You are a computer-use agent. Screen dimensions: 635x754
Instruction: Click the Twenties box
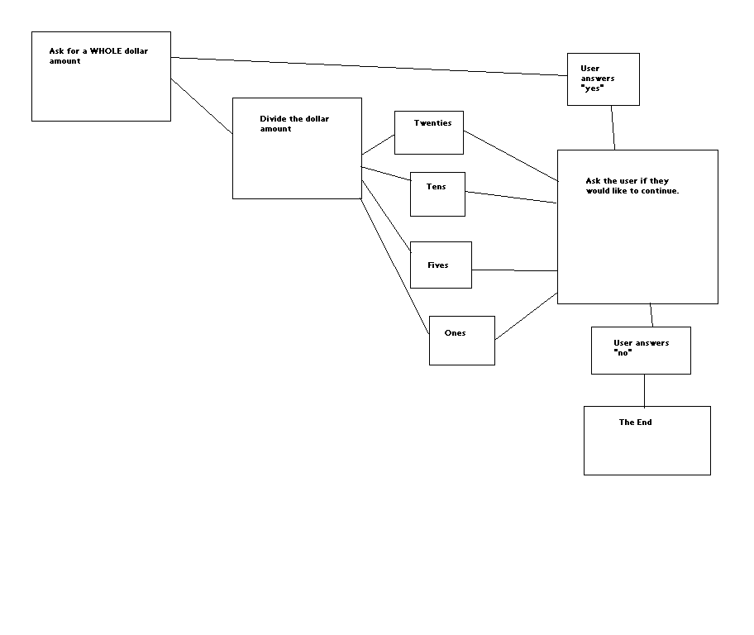pos(428,132)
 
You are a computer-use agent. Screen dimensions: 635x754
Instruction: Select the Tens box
pos(437,194)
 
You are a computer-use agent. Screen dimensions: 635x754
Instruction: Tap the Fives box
pos(441,265)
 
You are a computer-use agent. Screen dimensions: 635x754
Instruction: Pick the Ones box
pos(461,341)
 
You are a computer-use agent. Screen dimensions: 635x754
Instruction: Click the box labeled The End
pos(647,441)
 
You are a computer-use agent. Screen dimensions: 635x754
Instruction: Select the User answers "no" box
pos(641,351)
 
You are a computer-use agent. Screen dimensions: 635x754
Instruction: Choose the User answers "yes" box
pos(603,79)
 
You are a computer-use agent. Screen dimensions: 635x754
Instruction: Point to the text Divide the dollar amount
pos(293,123)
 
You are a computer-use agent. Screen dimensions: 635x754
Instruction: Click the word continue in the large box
pos(658,191)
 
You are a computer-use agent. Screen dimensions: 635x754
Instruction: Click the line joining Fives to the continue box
pos(514,270)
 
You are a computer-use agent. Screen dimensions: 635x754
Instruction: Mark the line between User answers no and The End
pos(644,390)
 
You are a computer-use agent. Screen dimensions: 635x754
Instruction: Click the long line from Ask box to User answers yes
pos(369,66)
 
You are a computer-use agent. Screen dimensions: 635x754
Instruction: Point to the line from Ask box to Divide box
pos(201,106)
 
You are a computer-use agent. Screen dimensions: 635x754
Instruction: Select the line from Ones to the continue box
pos(526,316)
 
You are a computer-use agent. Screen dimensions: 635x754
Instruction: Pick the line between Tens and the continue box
pos(511,198)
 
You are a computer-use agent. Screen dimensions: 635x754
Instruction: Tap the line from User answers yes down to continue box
pos(613,127)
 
